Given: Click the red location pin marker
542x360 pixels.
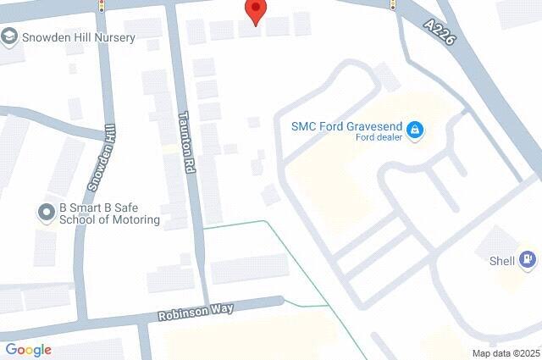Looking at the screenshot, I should pyautogui.click(x=256, y=11).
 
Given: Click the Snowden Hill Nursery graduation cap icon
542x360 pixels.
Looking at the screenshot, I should pyautogui.click(x=9, y=36).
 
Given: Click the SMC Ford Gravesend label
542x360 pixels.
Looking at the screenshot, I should pyautogui.click(x=346, y=125).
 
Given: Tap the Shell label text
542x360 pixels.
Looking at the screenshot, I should pyautogui.click(x=502, y=261).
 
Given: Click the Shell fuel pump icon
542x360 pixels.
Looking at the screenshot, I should pyautogui.click(x=527, y=259).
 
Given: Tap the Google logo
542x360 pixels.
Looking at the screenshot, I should pyautogui.click(x=28, y=349).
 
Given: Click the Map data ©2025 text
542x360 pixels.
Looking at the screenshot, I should pyautogui.click(x=506, y=353).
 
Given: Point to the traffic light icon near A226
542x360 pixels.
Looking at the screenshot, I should pyautogui.click(x=394, y=5).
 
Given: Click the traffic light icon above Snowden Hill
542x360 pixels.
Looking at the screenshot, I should pyautogui.click(x=102, y=5).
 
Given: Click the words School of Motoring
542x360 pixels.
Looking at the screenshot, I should pyautogui.click(x=109, y=219).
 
